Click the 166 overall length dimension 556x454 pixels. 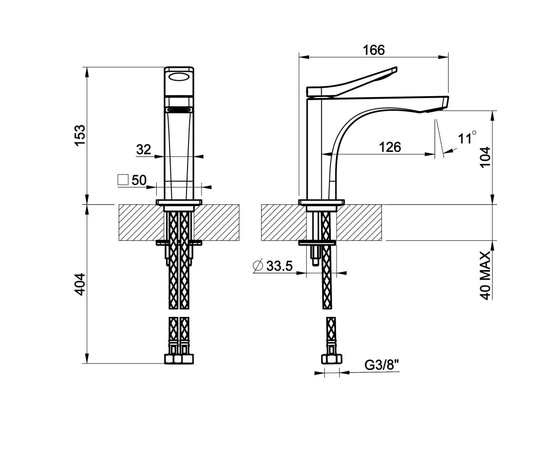(374, 50)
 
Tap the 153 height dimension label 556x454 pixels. (80, 135)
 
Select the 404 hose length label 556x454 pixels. (80, 284)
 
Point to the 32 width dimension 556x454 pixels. (143, 149)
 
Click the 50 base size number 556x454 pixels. (139, 180)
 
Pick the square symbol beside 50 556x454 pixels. (123, 180)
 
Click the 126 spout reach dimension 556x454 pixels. (390, 147)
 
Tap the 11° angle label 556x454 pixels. (467, 137)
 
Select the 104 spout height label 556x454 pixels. (486, 157)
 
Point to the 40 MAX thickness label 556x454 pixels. (486, 275)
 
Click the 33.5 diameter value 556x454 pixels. (280, 266)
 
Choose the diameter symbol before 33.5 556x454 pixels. (258, 266)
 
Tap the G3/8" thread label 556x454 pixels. (382, 365)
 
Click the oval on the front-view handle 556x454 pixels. (179, 77)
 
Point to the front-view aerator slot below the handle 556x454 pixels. (179, 109)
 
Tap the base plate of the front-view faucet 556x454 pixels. (179, 202)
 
